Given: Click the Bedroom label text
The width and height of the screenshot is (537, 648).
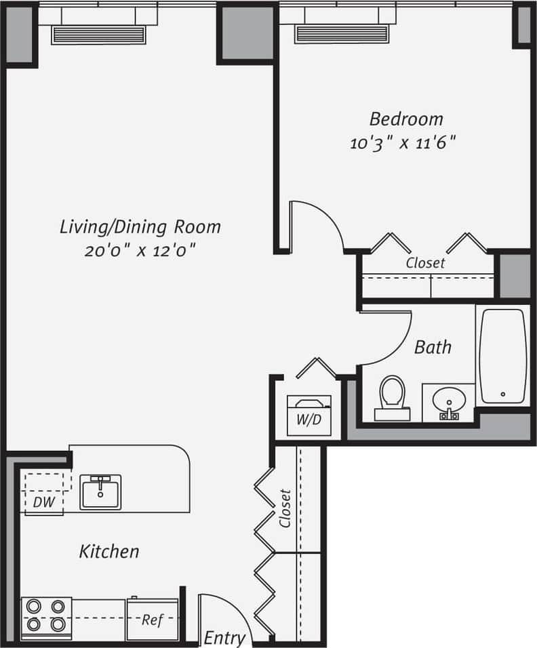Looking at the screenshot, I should [406, 119].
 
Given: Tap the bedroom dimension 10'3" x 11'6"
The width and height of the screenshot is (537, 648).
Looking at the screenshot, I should [402, 143].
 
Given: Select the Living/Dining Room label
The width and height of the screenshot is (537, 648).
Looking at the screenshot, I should [140, 226].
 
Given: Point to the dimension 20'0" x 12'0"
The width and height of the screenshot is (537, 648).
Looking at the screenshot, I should [140, 250].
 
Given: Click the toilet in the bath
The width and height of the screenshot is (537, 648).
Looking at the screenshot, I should [392, 397].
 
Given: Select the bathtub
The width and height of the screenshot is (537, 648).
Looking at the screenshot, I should [502, 356].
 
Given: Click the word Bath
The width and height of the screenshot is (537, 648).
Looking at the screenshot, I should [433, 348].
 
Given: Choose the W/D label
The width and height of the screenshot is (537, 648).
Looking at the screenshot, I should [309, 420].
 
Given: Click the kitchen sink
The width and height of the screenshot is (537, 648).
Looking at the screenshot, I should [100, 491].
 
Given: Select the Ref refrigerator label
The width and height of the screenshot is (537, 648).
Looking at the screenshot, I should [152, 620].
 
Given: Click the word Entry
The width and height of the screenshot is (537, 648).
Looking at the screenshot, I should [224, 638].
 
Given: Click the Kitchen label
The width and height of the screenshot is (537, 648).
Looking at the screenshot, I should [109, 551].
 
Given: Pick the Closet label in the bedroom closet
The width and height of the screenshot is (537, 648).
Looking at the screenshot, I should [425, 262].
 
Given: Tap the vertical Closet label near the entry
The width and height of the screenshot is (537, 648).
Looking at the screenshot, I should [285, 508].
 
